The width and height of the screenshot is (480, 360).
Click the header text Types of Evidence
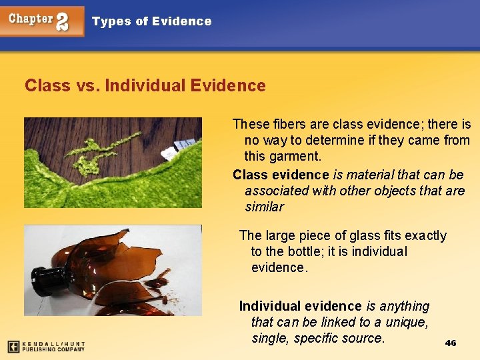pyautogui.click(x=151, y=21)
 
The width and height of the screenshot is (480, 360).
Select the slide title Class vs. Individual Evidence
pyautogui.click(x=145, y=86)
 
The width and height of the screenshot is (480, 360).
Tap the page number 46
pyautogui.click(x=451, y=343)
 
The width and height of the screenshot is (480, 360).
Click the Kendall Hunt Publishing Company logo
pyautogui.click(x=47, y=346)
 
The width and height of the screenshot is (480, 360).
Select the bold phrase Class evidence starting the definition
pyautogui.click(x=281, y=175)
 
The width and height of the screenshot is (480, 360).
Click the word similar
pyautogui.click(x=264, y=207)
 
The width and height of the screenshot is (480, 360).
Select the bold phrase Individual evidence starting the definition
pyautogui.click(x=300, y=307)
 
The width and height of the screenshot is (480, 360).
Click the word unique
pyautogui.click(x=405, y=323)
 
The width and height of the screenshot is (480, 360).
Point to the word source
pyautogui.click(x=363, y=339)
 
